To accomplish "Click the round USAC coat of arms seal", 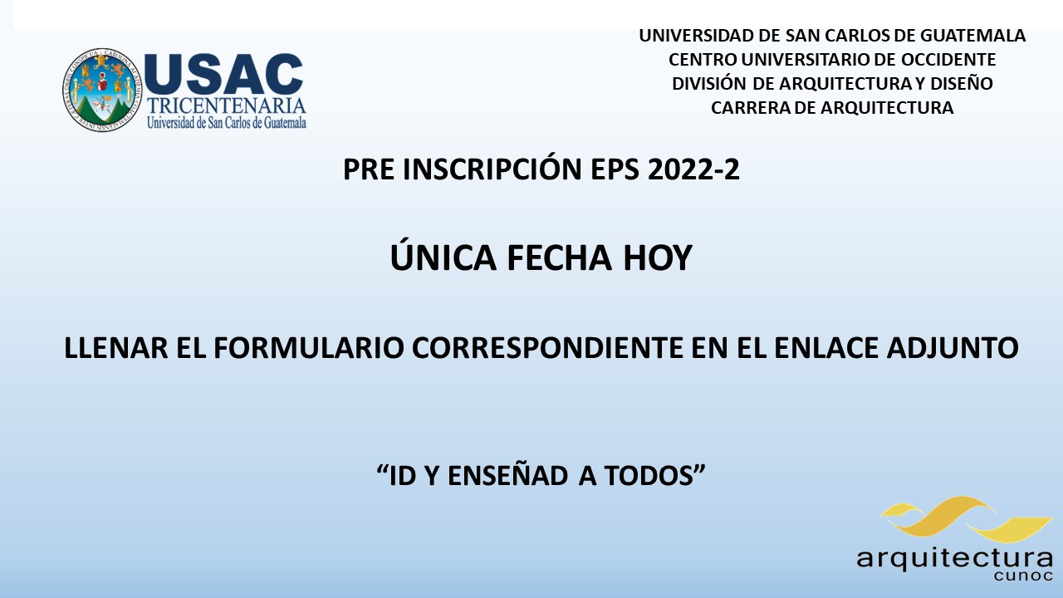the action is (102, 90).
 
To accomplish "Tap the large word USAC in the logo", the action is (223, 74).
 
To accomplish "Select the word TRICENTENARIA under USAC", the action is (227, 105).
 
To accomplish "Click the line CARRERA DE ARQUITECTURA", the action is (832, 108).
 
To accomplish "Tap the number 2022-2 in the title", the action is (693, 169).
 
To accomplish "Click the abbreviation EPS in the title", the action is (615, 169).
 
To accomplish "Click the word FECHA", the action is (559, 257).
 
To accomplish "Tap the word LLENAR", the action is (115, 348).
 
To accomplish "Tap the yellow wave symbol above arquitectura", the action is (966, 519).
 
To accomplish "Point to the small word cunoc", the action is (1022, 576).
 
